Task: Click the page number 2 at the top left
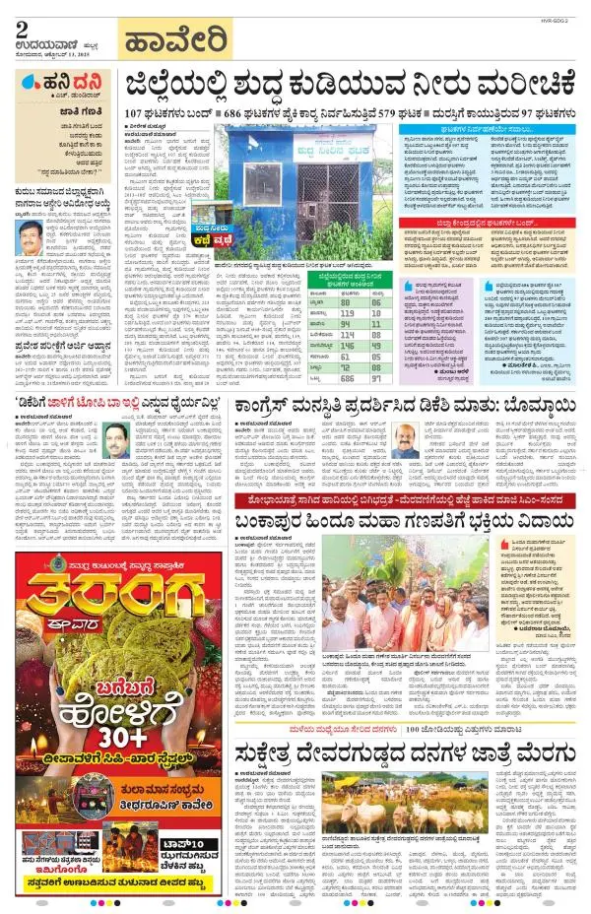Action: pyautogui.click(x=21, y=30)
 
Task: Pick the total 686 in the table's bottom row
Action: pyautogui.click(x=346, y=377)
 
